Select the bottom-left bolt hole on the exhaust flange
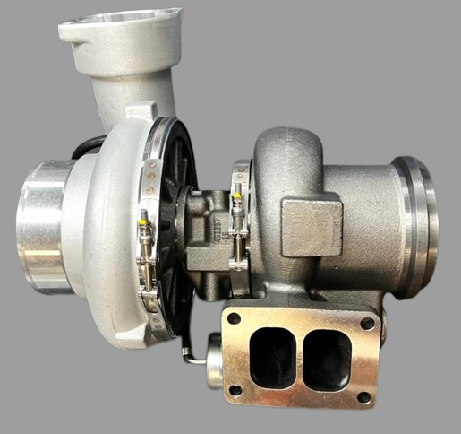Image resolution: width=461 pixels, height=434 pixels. (235, 390)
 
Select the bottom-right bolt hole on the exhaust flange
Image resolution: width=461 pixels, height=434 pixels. (363, 396)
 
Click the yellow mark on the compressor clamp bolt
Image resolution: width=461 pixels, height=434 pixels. (142, 216)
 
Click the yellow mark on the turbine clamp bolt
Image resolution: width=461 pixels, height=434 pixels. (237, 191)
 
